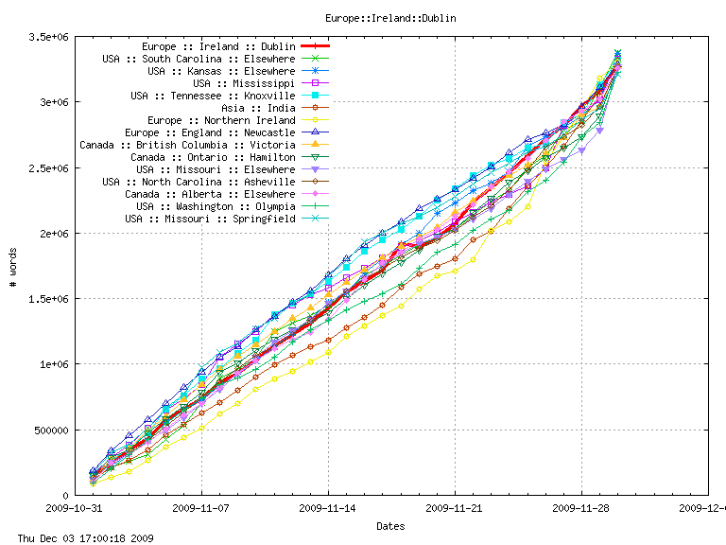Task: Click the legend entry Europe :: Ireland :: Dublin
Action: coord(218,45)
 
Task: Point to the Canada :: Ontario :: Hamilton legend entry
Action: coord(213,157)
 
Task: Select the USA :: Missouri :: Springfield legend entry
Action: coord(210,219)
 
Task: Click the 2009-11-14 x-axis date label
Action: coord(329,507)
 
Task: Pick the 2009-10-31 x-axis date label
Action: coord(76,507)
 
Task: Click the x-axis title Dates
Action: coord(391,525)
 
